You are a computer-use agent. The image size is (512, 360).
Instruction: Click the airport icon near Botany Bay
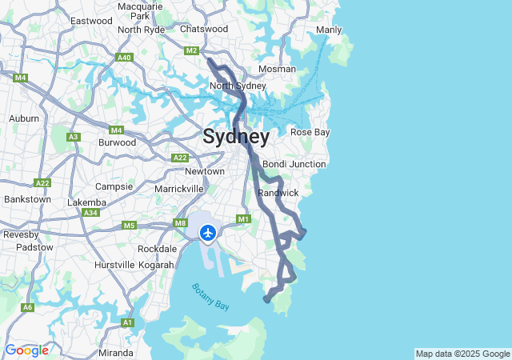coord(208,233)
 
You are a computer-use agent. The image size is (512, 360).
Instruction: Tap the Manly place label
coord(329,30)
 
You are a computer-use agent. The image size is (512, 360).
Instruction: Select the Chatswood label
coord(204,29)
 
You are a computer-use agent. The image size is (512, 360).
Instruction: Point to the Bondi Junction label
coord(294,164)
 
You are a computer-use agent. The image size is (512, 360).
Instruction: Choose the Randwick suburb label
coord(278,193)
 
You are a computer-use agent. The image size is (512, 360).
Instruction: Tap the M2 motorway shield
coord(191,50)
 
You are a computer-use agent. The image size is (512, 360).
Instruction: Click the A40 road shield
coord(123,58)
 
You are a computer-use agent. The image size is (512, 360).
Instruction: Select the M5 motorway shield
coord(129,226)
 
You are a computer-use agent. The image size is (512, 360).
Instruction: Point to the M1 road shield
coord(244,219)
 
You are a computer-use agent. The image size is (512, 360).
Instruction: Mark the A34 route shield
coord(91,213)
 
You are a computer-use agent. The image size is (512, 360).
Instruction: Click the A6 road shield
coord(28,307)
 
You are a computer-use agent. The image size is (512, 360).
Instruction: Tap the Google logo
coord(26,350)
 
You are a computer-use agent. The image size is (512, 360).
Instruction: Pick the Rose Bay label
coord(310,132)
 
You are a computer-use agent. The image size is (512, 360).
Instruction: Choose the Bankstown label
coord(27,199)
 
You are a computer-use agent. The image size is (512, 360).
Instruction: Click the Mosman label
coord(277,69)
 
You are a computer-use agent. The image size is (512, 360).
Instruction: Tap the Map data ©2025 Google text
coord(462,354)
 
